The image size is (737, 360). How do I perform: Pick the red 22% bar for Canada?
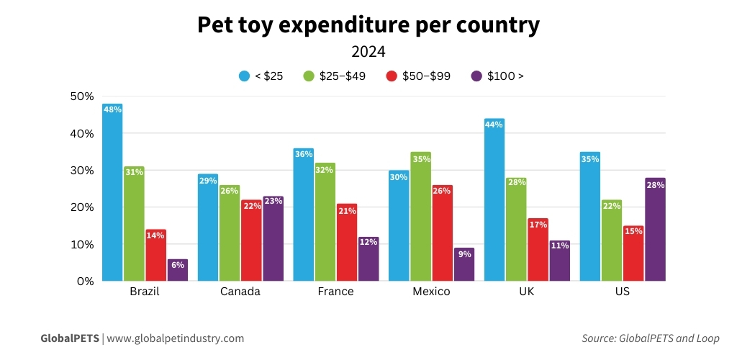tap(251, 240)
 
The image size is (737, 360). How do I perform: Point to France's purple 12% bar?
tap(368, 258)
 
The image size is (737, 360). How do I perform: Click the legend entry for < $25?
tap(261, 76)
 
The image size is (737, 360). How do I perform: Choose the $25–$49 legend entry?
tap(334, 76)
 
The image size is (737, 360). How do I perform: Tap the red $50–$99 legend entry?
tap(418, 76)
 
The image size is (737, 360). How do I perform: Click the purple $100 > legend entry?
tap(497, 76)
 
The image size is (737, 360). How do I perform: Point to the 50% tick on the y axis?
tap(81, 96)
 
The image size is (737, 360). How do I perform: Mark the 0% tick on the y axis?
tap(85, 282)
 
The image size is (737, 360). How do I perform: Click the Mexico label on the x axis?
tap(431, 292)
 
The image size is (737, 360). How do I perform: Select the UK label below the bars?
tap(527, 292)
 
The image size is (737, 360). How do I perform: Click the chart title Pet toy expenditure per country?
tap(368, 25)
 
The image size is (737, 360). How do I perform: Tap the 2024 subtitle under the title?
tap(368, 52)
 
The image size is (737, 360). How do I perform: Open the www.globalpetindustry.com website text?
tap(176, 338)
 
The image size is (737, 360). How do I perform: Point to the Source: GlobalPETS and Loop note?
tap(650, 338)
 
